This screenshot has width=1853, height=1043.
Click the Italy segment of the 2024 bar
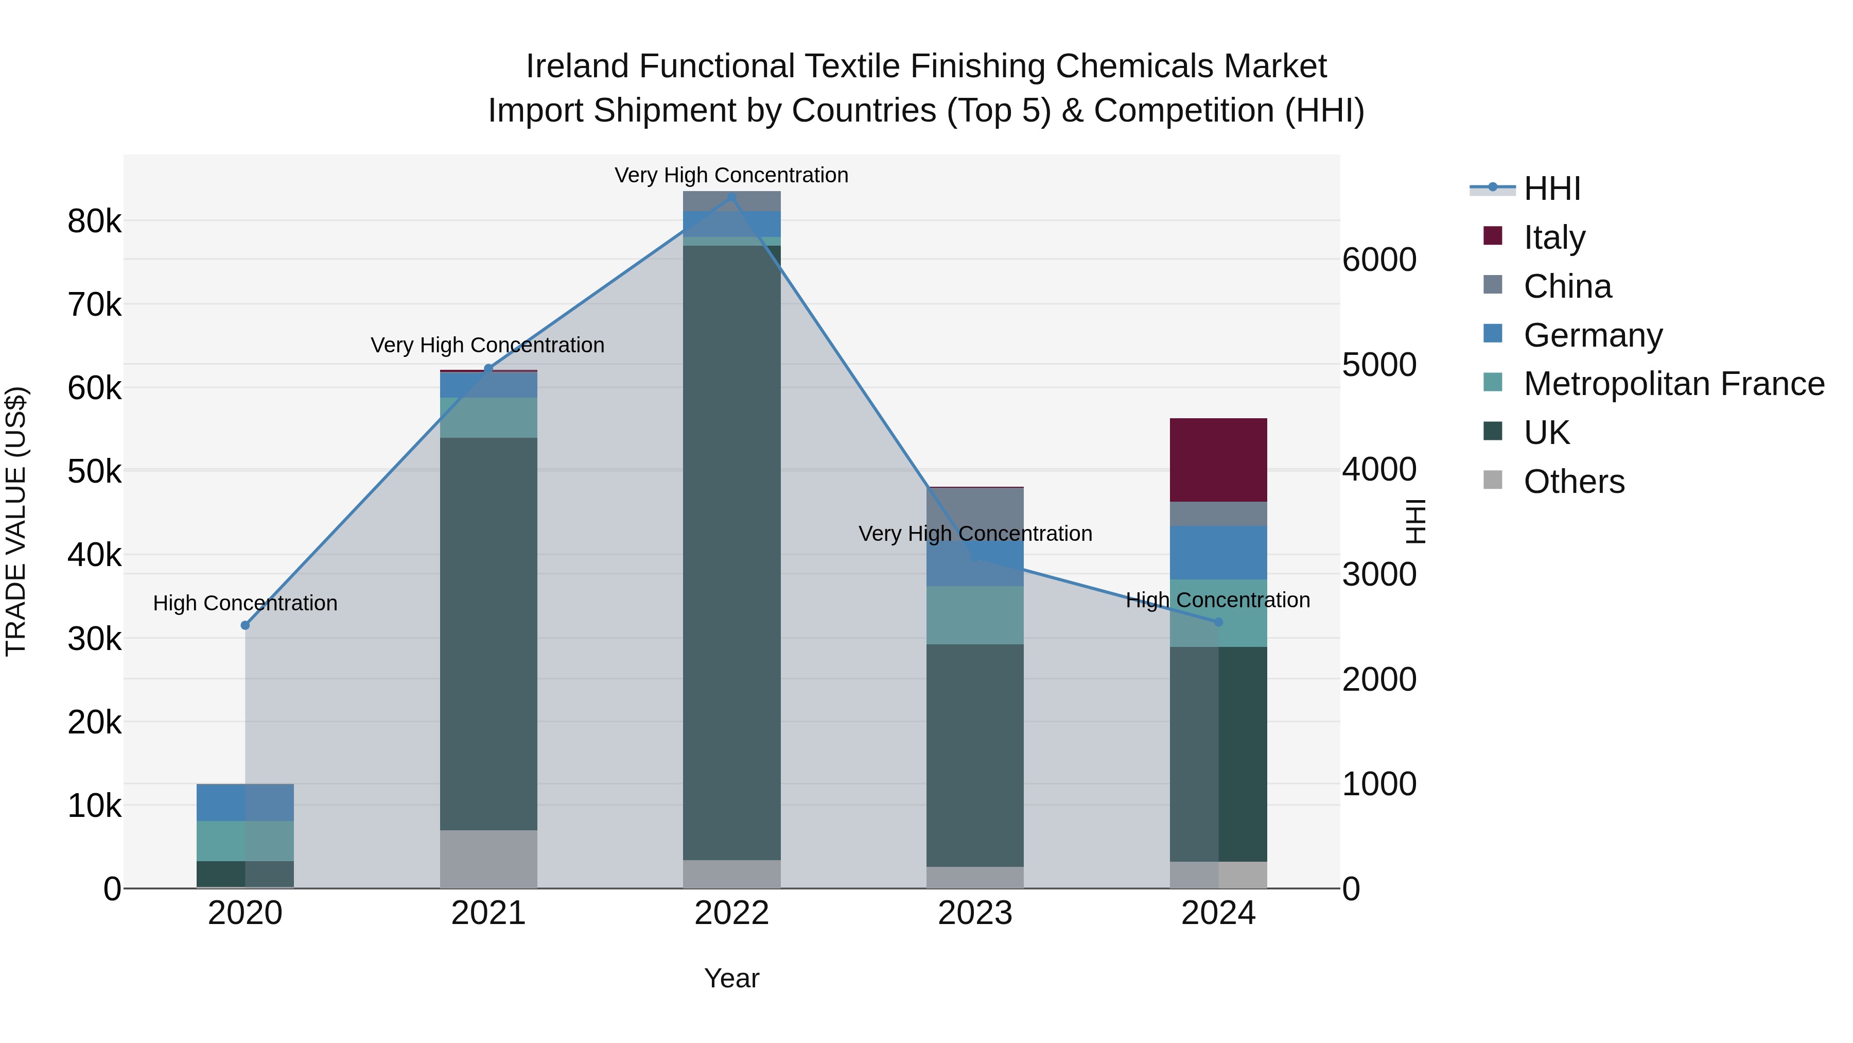(x=1218, y=459)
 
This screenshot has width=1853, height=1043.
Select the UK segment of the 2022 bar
(x=731, y=552)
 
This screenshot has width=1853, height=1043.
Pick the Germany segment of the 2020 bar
(x=244, y=802)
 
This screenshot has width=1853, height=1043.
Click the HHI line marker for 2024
(x=1218, y=622)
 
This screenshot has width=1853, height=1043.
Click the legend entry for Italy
(x=1554, y=237)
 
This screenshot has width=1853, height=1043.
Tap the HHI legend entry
(x=1551, y=189)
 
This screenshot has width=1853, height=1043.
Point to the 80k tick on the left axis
(x=94, y=221)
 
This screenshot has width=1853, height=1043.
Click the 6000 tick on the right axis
(x=1379, y=260)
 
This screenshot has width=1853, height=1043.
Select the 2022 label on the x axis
(x=731, y=913)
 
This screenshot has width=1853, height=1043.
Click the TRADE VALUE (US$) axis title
(x=16, y=521)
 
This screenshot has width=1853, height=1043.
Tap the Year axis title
(x=731, y=978)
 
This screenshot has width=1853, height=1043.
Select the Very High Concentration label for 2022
(x=731, y=175)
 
